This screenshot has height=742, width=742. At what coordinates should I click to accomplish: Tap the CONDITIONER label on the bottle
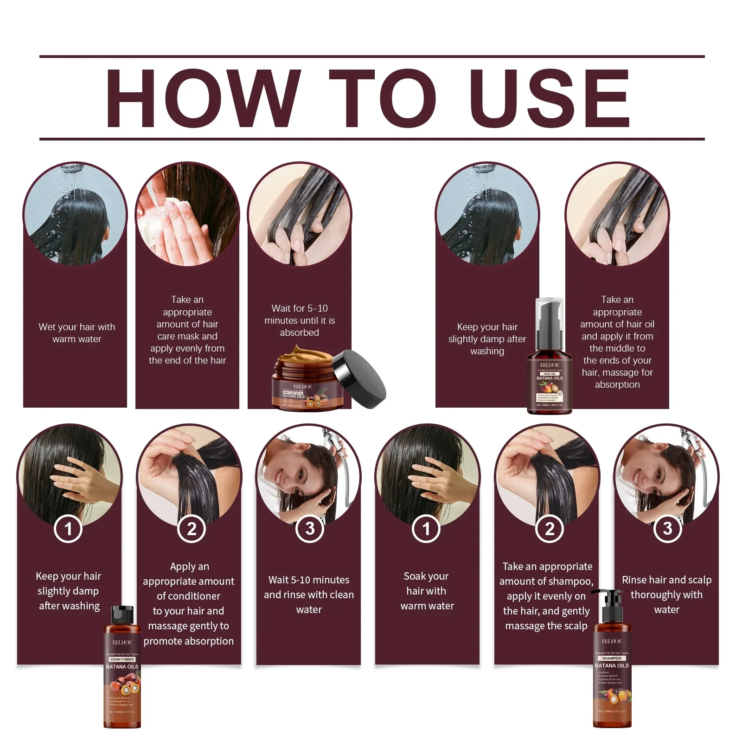pos(122,659)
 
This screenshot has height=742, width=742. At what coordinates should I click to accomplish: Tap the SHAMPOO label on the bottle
pos(612,658)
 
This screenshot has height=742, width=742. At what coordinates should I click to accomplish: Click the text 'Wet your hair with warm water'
pos(77,333)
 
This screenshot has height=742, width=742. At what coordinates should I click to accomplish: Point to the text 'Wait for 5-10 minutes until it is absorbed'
pos(300,320)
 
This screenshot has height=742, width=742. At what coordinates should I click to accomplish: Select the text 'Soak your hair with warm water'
pos(427,591)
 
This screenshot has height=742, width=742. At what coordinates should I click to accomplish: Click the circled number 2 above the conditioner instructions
pos(191,529)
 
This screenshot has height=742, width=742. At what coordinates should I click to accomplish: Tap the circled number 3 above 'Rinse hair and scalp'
pos(667,528)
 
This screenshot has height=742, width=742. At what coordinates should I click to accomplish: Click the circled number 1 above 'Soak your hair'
pos(426,529)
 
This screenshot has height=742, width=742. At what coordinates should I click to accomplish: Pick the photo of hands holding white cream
pos(187,214)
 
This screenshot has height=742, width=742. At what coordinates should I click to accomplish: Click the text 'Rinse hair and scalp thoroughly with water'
pos(666,595)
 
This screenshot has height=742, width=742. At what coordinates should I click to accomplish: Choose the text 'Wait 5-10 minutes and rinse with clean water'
pos(309,595)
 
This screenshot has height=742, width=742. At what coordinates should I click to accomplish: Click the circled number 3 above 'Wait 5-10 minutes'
pos(310,529)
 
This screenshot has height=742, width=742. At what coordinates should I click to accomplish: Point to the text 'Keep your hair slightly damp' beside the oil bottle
pos(487,339)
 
